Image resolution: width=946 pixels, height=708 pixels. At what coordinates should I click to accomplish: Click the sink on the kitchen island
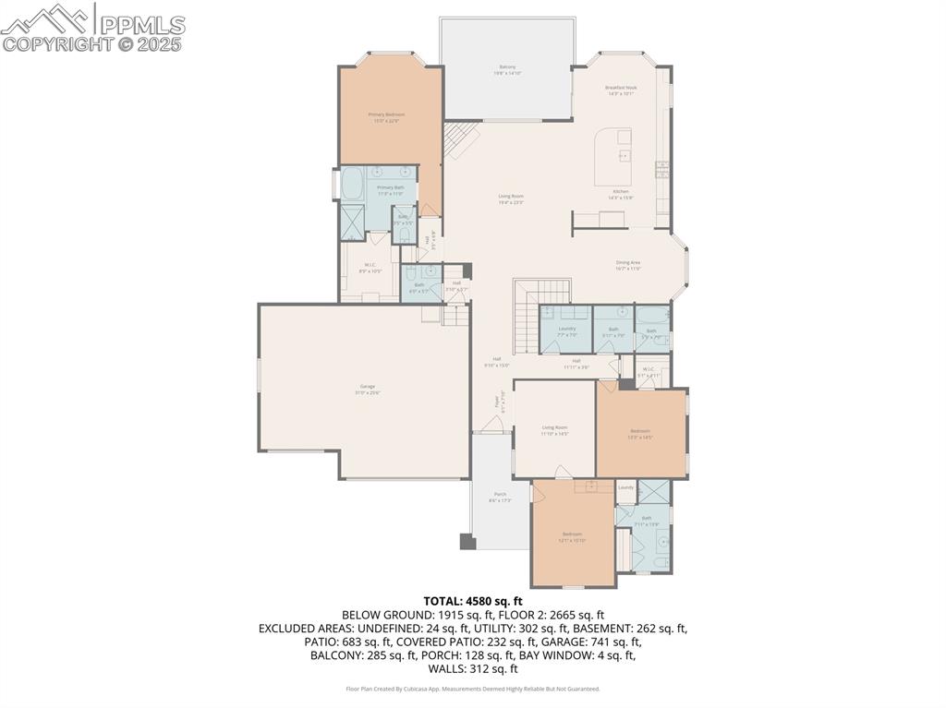coord(624,155)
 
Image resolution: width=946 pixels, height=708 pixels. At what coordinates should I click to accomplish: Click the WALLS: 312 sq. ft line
coord(473,669)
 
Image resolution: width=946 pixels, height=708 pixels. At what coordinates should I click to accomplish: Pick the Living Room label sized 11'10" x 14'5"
coord(554,430)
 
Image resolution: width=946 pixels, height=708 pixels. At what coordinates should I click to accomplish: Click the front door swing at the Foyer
coord(494,425)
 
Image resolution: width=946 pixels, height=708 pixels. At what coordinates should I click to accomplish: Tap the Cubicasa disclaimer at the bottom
coord(473,689)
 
